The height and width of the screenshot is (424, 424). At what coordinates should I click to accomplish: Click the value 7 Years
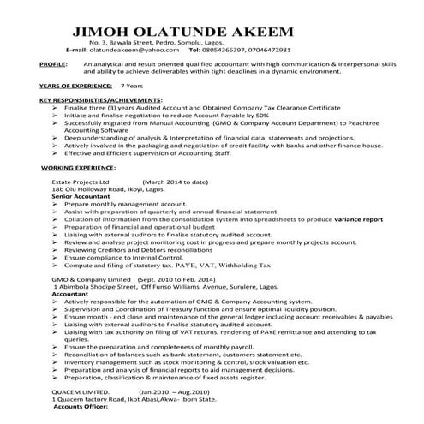(x=133, y=87)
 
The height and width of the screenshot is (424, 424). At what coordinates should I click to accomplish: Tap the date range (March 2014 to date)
(x=175, y=182)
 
